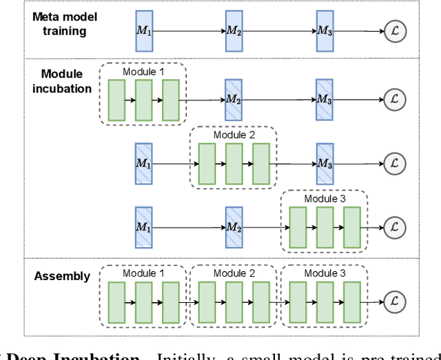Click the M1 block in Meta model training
pyautogui.click(x=143, y=30)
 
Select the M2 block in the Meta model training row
pyautogui.click(x=234, y=30)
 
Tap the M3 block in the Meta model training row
pyautogui.click(x=325, y=30)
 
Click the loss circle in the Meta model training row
pyautogui.click(x=394, y=31)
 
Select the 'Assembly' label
pyautogui.click(x=63, y=276)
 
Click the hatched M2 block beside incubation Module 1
pyautogui.click(x=234, y=100)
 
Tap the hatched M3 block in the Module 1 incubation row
pyautogui.click(x=325, y=100)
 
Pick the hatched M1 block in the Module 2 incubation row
pyautogui.click(x=143, y=164)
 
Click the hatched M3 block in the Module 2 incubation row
pyautogui.click(x=325, y=164)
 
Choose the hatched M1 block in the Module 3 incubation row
pyautogui.click(x=143, y=226)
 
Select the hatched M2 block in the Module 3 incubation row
pyautogui.click(x=234, y=226)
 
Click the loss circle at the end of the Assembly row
pyautogui.click(x=394, y=301)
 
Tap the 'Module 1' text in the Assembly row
pyautogui.click(x=144, y=273)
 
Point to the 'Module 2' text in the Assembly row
pyautogui.click(x=234, y=273)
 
